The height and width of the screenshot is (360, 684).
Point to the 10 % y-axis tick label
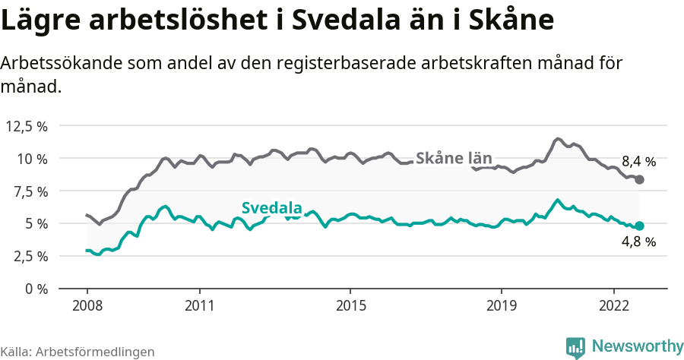click(32, 159)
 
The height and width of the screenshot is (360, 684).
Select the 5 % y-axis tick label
click(36, 224)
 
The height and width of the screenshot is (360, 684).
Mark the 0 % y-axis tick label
click(36, 289)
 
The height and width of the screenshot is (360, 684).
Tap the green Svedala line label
click(272, 208)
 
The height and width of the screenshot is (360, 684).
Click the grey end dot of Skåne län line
click(639, 179)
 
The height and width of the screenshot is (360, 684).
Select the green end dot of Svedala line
click(639, 226)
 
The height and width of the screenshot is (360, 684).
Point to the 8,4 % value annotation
click(638, 161)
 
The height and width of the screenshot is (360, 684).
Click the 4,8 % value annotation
click(638, 242)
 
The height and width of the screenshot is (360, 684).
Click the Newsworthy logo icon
click(575, 347)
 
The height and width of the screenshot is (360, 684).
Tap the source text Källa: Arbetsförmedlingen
click(78, 352)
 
